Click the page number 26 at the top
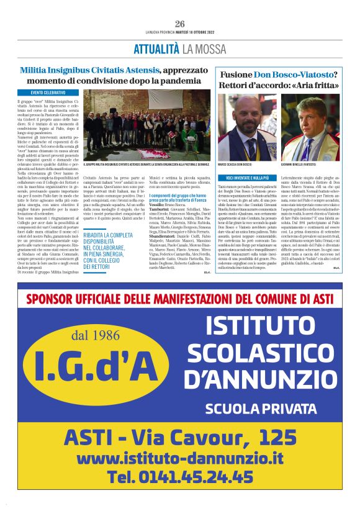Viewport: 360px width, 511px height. pyautogui.click(x=179, y=24)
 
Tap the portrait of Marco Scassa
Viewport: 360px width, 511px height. pyautogui.click(x=246, y=126)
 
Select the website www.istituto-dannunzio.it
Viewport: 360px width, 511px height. pyautogui.click(x=179, y=458)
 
